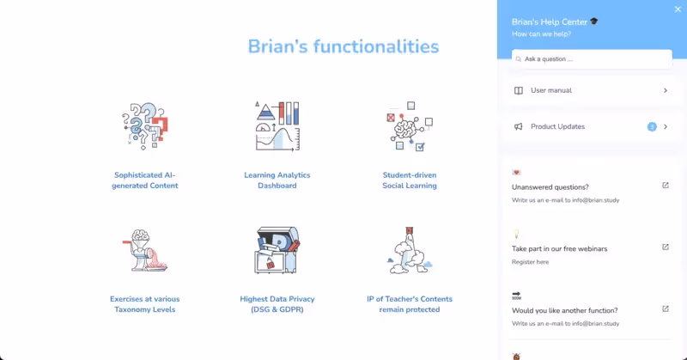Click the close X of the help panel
point(678,9)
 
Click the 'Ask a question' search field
point(592,59)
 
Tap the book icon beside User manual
point(519,90)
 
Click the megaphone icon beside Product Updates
point(519,127)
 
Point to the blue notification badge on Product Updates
point(652,126)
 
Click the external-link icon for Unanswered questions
point(666,186)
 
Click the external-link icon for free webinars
point(666,247)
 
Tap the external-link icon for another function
point(666,309)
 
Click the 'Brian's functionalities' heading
point(343,46)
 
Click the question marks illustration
point(144,127)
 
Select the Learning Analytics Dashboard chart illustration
point(277,127)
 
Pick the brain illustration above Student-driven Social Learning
point(409,127)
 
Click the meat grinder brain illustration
point(144,251)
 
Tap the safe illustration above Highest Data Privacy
point(277,251)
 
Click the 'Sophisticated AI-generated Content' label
point(145,180)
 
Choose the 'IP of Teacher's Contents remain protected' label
point(410,304)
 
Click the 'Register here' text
point(530,261)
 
